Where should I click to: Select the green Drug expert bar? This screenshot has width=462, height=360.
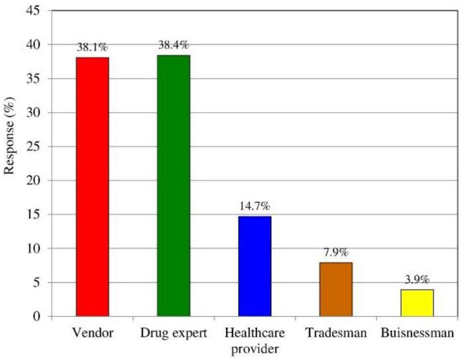174,186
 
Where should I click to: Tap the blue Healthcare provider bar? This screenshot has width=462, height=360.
255,266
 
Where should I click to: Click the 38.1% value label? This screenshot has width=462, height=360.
92,48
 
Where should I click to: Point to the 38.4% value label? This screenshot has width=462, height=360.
174,46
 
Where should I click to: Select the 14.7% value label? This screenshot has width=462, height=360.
255,207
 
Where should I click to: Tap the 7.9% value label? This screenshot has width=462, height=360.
335,253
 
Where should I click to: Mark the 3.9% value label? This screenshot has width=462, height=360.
416,280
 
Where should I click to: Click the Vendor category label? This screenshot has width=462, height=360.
92,331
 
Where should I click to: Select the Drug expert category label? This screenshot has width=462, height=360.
174,331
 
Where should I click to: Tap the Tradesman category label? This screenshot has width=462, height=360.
335,331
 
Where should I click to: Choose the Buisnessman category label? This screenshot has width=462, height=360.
416,331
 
